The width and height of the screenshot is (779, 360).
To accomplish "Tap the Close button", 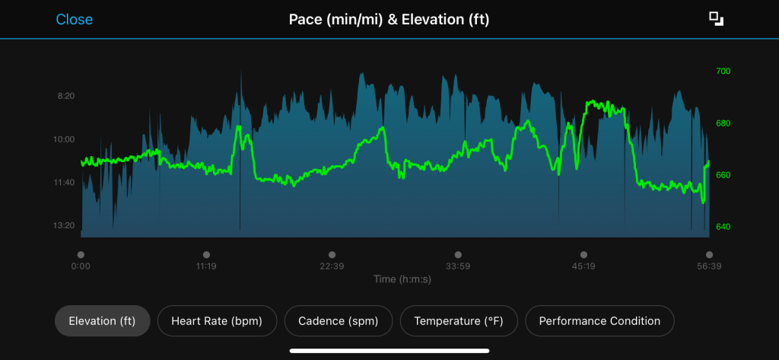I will [x=74, y=19].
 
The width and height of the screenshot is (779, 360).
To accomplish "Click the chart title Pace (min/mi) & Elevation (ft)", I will [x=389, y=19].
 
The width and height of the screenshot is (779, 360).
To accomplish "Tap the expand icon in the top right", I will [x=715, y=19].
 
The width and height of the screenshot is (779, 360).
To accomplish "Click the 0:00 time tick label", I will [x=81, y=266].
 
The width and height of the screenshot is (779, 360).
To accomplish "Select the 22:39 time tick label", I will [x=332, y=266].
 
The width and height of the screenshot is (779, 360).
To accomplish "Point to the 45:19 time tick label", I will [x=583, y=266].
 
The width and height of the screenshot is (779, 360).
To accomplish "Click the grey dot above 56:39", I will [x=709, y=255].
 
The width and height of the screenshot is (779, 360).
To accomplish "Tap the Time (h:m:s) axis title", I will [x=402, y=279].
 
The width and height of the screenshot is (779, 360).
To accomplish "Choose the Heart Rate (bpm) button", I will [x=217, y=321].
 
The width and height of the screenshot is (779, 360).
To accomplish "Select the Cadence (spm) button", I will [x=338, y=321].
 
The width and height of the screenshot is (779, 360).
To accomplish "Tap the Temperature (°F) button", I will [x=459, y=321].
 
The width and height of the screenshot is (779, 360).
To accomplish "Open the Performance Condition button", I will [x=599, y=321].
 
